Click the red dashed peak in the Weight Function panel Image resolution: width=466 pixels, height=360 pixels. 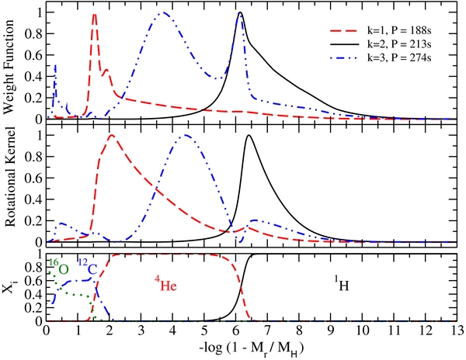(95, 14)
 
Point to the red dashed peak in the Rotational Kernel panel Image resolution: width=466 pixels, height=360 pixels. (112, 135)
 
